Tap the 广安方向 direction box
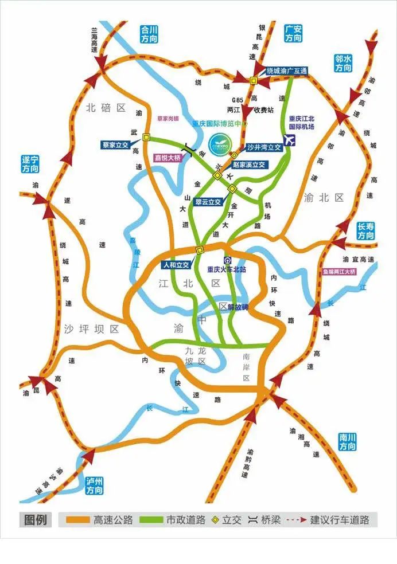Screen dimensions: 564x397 [293, 33]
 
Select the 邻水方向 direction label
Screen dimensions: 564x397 [343, 63]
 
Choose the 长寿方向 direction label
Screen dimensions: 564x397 [365, 231]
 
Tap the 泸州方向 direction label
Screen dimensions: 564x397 [94, 485]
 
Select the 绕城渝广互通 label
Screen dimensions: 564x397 [287, 70]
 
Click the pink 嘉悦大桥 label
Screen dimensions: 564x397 [167, 158]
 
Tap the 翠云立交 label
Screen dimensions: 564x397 [208, 202]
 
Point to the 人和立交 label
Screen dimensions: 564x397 [176, 265]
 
